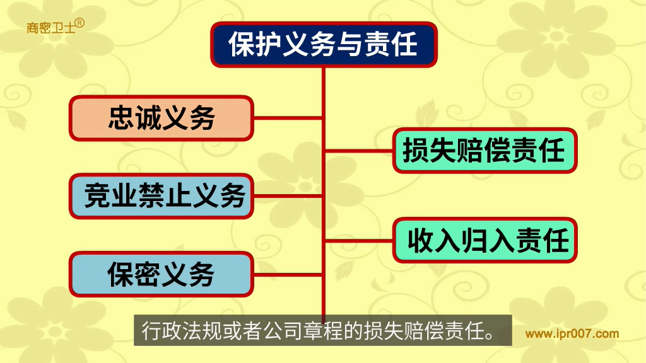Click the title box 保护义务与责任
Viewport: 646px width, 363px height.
point(324,45)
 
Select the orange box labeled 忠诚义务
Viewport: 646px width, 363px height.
point(161,118)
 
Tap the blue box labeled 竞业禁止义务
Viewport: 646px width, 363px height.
point(161,196)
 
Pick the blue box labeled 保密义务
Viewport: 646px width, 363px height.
point(161,274)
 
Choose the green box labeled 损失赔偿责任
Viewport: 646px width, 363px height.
point(484,150)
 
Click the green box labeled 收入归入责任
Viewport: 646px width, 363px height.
point(484,240)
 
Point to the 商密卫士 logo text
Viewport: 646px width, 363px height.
point(50,28)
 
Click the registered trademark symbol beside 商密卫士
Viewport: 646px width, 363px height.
point(80,23)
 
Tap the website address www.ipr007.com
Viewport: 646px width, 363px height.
point(572,334)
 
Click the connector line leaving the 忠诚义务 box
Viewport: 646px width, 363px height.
point(288,118)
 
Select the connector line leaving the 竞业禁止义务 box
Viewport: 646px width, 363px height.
point(288,196)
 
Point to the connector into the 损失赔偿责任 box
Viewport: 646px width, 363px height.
point(359,151)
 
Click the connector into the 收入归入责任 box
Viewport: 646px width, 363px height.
point(359,240)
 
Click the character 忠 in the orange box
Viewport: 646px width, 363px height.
point(121,118)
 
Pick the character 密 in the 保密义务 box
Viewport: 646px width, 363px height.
point(148,274)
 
